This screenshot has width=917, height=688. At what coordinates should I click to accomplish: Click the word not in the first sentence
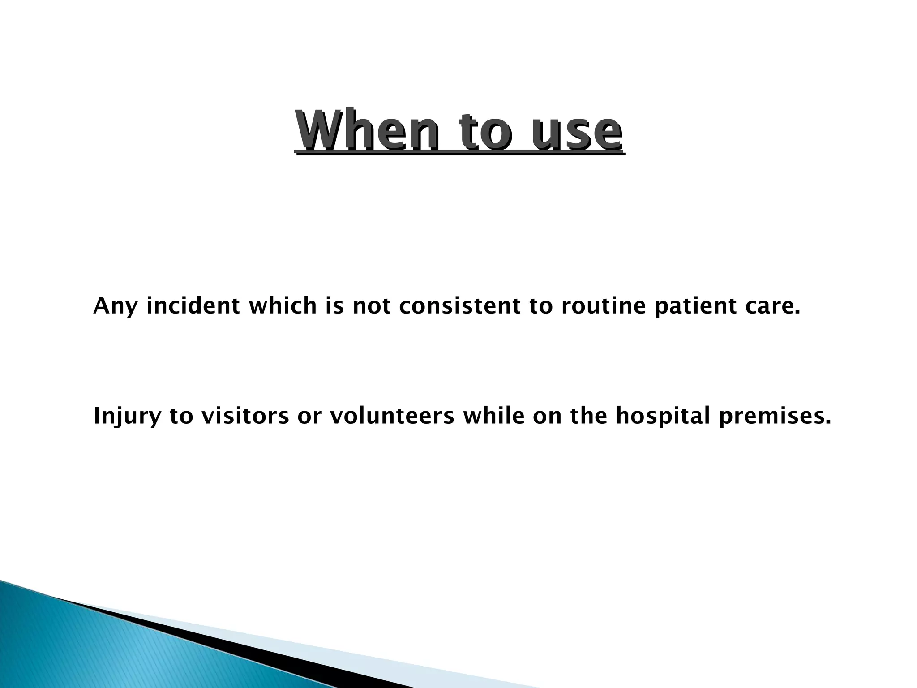point(372,306)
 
